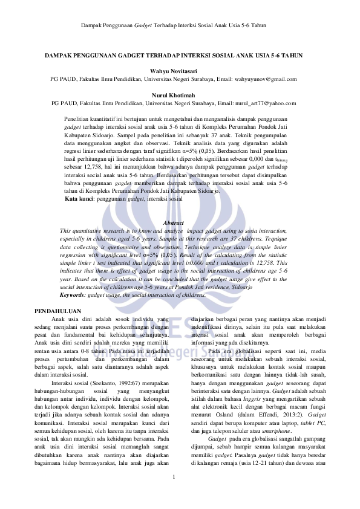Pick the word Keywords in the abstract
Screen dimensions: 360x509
(x=73, y=295)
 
